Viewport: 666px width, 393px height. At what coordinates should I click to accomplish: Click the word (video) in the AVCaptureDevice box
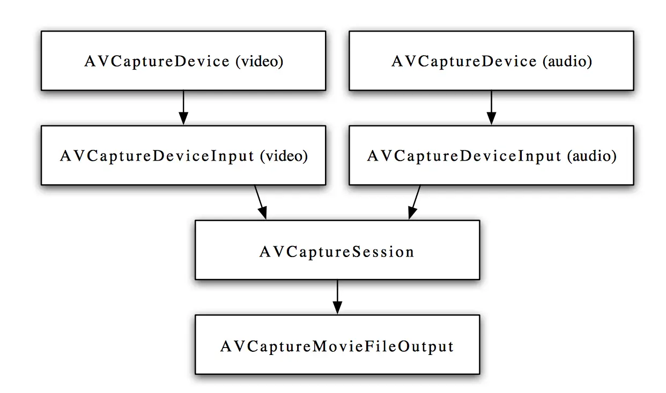coord(259,62)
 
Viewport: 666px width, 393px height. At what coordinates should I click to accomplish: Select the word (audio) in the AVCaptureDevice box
coord(567,62)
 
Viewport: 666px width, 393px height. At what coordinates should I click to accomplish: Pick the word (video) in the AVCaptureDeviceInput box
coord(284,156)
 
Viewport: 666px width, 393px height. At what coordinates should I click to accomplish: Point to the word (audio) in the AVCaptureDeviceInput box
coord(591,156)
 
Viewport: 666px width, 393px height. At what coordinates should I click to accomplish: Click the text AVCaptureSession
coord(337,252)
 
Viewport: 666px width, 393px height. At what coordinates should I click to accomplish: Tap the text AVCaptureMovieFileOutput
coord(337,346)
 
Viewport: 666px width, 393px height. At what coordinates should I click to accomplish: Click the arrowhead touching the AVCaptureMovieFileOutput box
coord(337,308)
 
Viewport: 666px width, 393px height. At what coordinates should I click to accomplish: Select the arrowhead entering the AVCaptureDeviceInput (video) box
coord(183,119)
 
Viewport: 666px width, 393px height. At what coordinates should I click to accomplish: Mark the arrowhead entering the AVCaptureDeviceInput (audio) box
coord(491,119)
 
